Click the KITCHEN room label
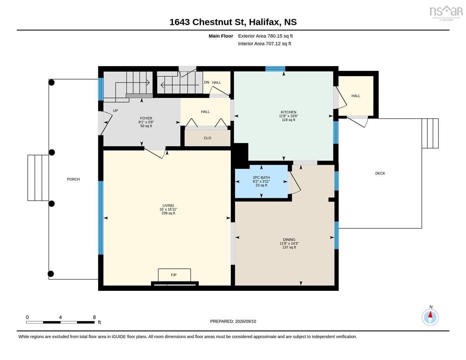coord(288,112)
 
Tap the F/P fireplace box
coord(174,275)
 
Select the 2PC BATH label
coord(261,177)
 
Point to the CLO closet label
coord(207,138)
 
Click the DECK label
coord(380,173)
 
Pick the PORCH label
coord(73,179)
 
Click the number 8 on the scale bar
coord(94,317)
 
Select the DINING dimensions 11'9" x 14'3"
coord(289,243)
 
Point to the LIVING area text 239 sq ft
coord(168,213)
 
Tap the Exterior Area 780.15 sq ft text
coord(265,36)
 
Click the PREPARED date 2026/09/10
coord(245,321)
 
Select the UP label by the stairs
coord(115,111)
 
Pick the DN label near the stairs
coord(207,82)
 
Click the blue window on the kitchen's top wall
coord(275,69)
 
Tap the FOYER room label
coord(146,118)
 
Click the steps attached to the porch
coord(38,178)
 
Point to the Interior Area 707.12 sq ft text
coord(264,44)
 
